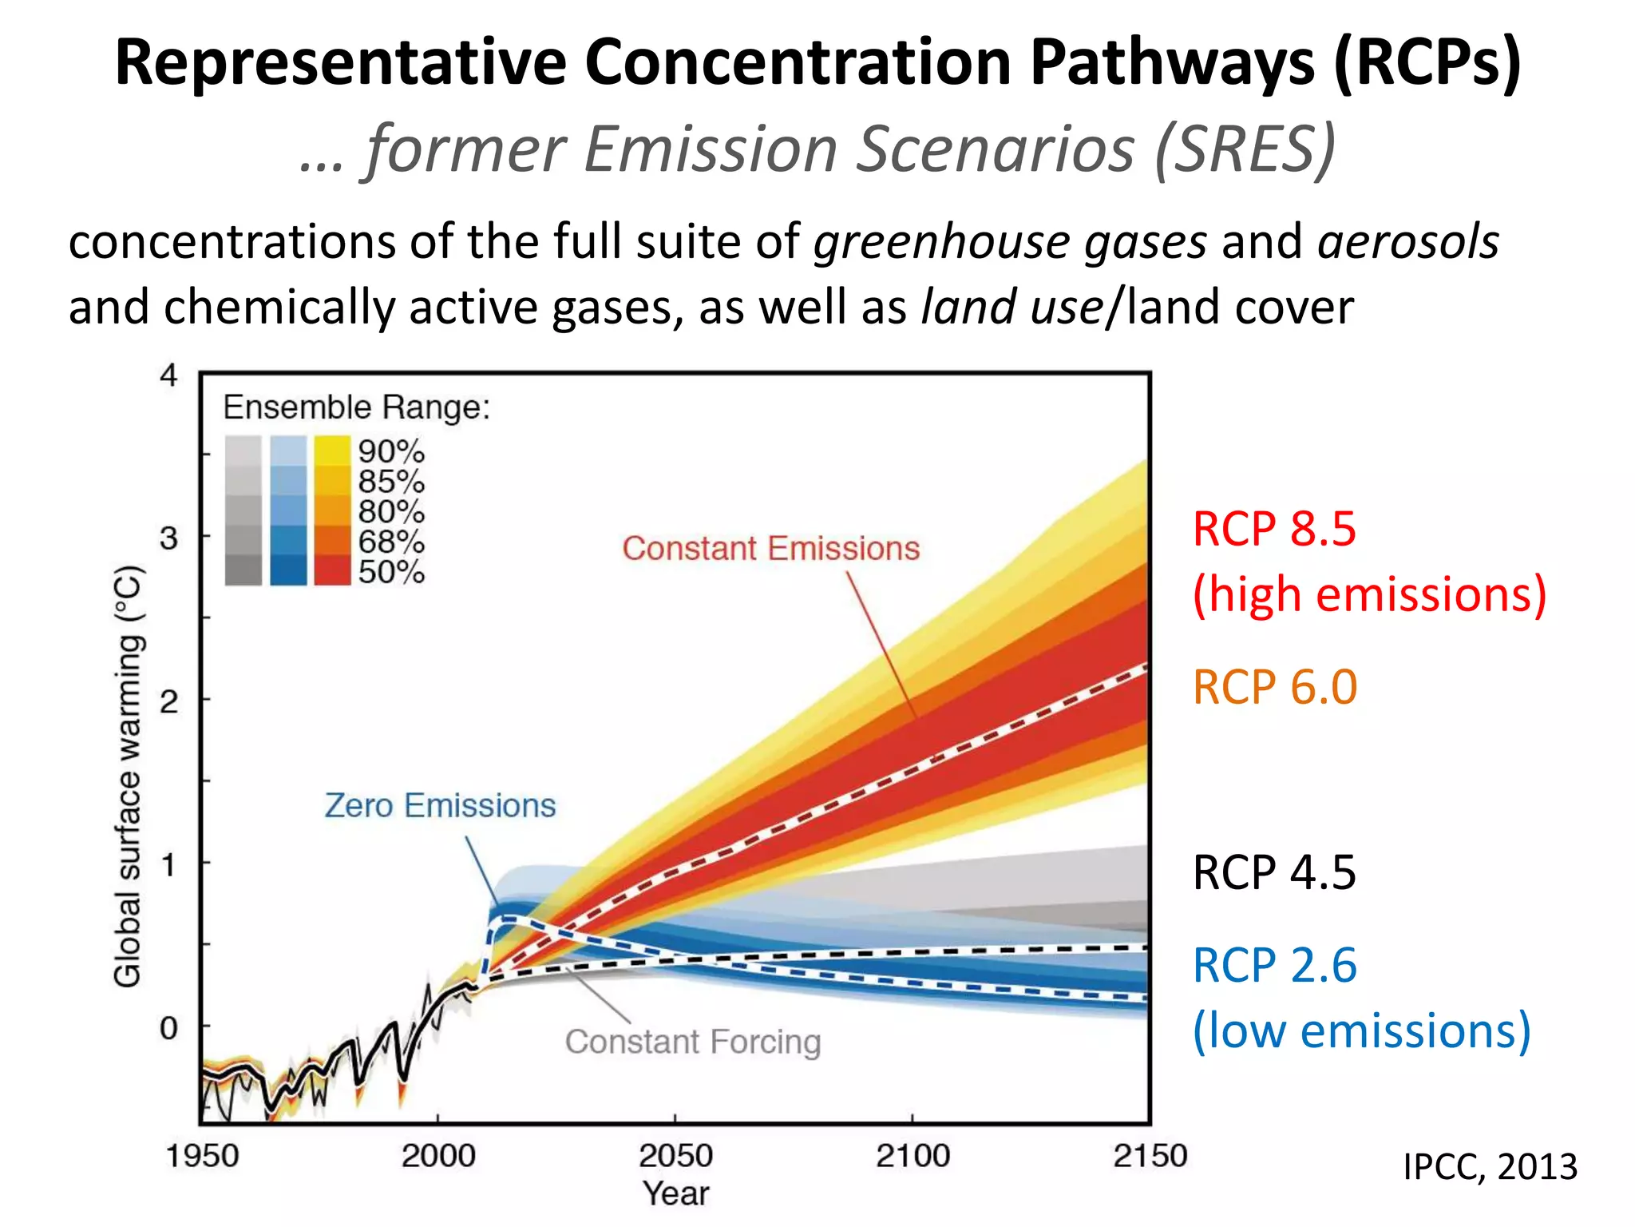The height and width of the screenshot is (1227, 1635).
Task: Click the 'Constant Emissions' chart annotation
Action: coord(770,549)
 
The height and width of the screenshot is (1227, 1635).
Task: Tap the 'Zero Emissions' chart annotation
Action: coord(440,805)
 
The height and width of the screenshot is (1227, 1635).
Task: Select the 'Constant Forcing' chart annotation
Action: coord(693,1042)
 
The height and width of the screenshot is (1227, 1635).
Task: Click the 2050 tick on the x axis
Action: coord(675,1155)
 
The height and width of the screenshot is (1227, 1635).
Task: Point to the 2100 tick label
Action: coord(913,1155)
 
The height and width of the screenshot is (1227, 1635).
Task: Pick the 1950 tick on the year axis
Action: coord(202,1155)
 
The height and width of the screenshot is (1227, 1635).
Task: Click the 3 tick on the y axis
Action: coord(168,538)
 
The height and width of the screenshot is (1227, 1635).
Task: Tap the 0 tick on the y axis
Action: coord(168,1027)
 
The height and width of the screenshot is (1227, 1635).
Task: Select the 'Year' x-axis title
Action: coord(675,1193)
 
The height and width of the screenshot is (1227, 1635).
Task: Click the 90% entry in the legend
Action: coord(391,451)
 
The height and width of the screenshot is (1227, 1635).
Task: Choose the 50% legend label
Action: coord(391,572)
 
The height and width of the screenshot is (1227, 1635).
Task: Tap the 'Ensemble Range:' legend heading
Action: coord(356,407)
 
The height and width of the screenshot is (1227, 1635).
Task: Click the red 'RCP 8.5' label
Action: coord(1274,529)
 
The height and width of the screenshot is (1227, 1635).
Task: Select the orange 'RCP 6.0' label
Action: coord(1274,687)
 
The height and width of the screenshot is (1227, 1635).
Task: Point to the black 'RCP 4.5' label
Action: coord(1274,872)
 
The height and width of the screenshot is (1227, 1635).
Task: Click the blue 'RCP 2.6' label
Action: coord(1274,965)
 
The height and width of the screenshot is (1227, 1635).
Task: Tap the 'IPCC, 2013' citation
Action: coord(1490,1167)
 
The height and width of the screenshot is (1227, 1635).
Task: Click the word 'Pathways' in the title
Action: coord(1172,62)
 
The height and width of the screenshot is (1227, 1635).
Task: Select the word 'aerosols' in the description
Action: coord(1407,242)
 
